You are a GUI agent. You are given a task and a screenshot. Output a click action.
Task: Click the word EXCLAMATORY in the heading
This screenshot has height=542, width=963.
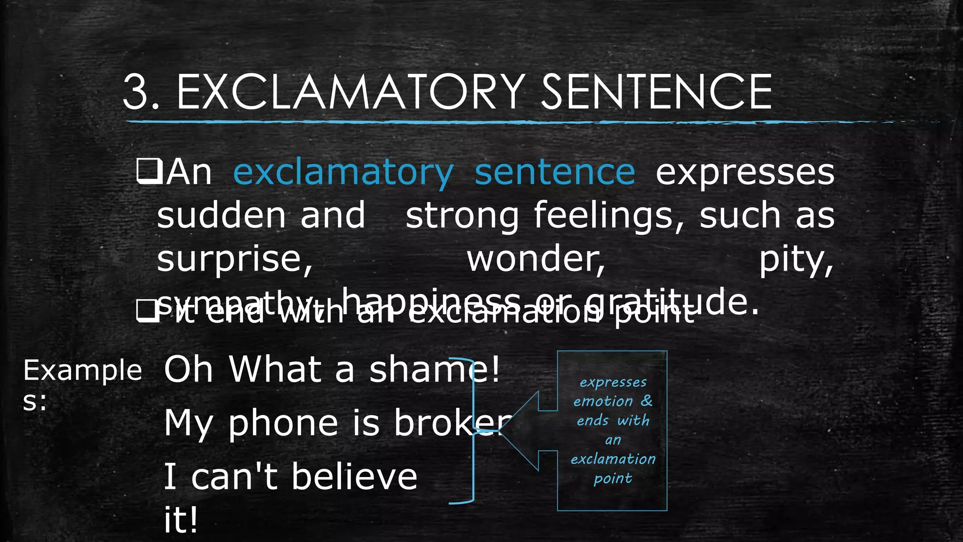click(x=350, y=92)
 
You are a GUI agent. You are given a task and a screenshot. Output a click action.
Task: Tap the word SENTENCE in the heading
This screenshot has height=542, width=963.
click(x=656, y=92)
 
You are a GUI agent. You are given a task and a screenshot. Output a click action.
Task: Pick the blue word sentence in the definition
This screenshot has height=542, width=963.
click(x=555, y=172)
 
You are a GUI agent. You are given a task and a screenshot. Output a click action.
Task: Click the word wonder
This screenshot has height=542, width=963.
click(x=536, y=259)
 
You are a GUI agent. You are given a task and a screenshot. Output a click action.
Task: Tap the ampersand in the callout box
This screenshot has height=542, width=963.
click(x=647, y=401)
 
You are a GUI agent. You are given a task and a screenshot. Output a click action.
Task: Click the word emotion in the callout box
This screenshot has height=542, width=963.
click(x=603, y=401)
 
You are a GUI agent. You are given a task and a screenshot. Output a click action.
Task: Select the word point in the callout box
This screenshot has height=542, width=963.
click(x=612, y=479)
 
